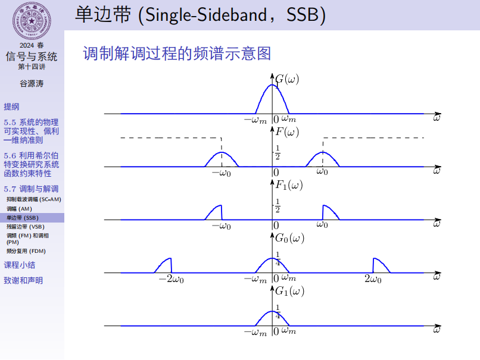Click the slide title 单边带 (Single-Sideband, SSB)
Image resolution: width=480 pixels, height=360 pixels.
[200, 15]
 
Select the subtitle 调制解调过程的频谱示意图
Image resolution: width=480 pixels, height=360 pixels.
[177, 54]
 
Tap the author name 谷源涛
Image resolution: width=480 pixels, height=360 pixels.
[32, 83]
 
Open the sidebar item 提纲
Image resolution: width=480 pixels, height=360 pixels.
[11, 107]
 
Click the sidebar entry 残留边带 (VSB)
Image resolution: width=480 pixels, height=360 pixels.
[25, 227]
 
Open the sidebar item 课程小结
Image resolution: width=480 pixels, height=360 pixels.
[19, 265]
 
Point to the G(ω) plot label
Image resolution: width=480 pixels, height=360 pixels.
[287, 79]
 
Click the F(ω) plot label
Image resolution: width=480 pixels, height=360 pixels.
[287, 132]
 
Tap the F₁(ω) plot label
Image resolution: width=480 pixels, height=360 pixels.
[289, 185]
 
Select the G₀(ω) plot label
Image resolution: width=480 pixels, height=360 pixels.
[289, 238]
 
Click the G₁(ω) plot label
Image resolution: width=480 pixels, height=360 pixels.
[289, 292]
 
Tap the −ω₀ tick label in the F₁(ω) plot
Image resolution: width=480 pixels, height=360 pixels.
[222, 226]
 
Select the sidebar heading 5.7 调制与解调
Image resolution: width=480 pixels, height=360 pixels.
[31, 189]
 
